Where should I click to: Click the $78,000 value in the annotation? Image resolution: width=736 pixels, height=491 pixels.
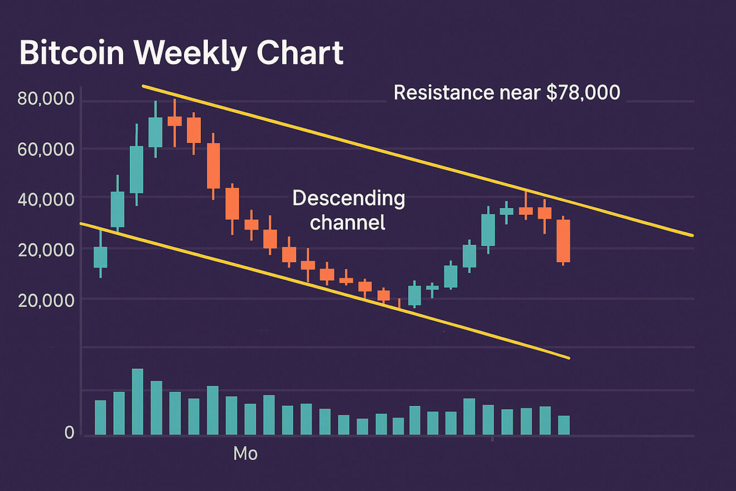click(583, 92)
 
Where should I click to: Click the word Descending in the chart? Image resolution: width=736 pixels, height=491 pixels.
click(348, 198)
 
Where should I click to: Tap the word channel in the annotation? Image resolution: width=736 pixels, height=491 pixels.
click(347, 223)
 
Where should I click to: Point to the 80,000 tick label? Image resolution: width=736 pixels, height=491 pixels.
click(46, 99)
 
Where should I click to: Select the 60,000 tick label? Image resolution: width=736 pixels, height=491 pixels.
click(46, 150)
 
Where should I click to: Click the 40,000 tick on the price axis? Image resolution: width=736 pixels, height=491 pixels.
click(46, 199)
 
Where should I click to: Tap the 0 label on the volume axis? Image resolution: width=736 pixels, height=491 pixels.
click(69, 433)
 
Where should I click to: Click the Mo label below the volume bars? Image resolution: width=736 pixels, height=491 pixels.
click(245, 454)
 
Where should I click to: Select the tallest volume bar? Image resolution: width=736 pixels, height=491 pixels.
click(138, 402)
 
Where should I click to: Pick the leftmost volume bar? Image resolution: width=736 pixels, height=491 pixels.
click(100, 417)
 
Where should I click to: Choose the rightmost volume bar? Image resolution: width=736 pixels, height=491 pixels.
click(564, 425)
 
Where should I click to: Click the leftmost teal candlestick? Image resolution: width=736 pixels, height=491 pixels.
click(100, 257)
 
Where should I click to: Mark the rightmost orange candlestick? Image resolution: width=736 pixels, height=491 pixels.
click(563, 241)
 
